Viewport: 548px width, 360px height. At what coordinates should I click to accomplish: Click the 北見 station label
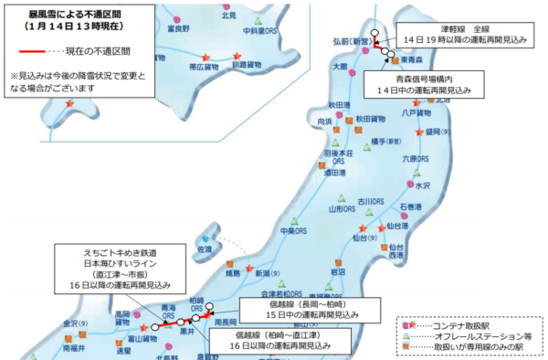click(x=229, y=16)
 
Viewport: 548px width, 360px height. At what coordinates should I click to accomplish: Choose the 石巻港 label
click(x=407, y=206)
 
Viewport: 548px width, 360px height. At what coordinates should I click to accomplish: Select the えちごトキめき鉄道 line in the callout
click(x=100, y=251)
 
